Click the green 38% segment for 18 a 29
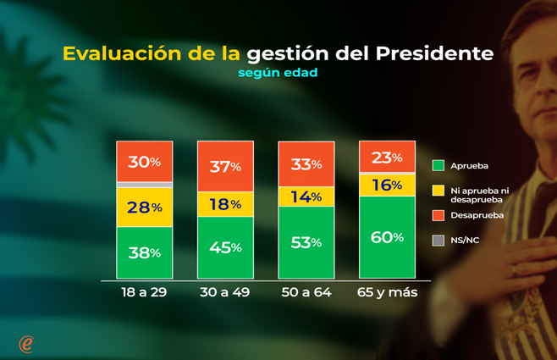click(x=144, y=252)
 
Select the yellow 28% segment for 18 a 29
click(x=144, y=207)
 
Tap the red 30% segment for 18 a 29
click(x=144, y=161)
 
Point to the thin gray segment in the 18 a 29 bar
click(x=144, y=184)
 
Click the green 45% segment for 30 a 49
click(x=225, y=247)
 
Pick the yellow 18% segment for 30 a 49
click(x=225, y=204)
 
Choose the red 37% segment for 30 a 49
click(x=225, y=166)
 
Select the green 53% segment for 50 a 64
click(x=306, y=242)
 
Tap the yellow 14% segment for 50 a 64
click(x=306, y=197)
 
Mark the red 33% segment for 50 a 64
click(x=306, y=163)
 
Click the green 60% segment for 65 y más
click(x=387, y=237)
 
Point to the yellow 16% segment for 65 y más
click(x=387, y=185)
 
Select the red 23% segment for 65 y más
click(x=387, y=157)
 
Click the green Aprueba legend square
click(x=438, y=165)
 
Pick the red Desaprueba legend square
click(x=438, y=216)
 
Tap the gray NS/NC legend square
click(x=438, y=241)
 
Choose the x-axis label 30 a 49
click(x=225, y=293)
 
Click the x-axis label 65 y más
click(x=387, y=293)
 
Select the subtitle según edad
click(x=278, y=73)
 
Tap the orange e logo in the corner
click(x=26, y=342)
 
